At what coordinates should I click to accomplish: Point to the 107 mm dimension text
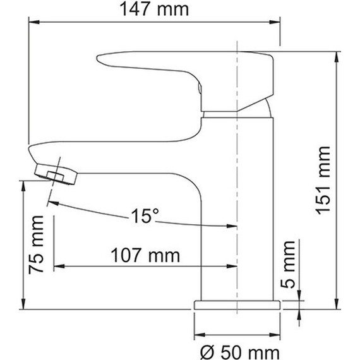point(146,256)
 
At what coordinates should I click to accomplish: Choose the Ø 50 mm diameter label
point(238,350)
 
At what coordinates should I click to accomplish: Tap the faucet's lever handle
point(183,69)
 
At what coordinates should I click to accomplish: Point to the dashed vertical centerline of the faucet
point(237,189)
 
